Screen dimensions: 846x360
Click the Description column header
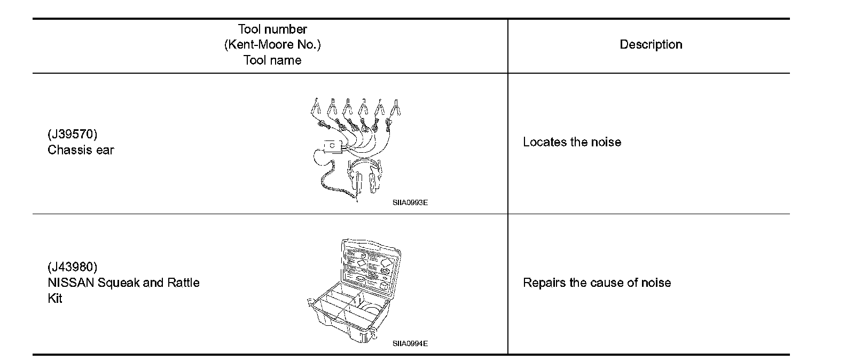pyautogui.click(x=651, y=45)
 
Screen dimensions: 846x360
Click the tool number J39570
pyautogui.click(x=73, y=134)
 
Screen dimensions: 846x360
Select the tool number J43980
pyautogui.click(x=73, y=267)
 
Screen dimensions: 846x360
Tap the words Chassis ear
pyautogui.click(x=81, y=150)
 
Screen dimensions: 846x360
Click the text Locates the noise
pyautogui.click(x=571, y=142)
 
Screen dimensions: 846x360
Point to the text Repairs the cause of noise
pyautogui.click(x=597, y=283)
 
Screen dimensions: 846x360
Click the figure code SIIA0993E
pyautogui.click(x=410, y=203)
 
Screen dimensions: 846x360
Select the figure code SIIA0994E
pyautogui.click(x=410, y=343)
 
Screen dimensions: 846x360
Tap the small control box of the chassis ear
pyautogui.click(x=332, y=145)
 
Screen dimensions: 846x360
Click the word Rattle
pyautogui.click(x=183, y=283)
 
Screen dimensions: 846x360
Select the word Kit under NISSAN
pyautogui.click(x=55, y=299)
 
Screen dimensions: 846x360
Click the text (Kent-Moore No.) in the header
pyautogui.click(x=272, y=45)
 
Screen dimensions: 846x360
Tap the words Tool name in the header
pyautogui.click(x=272, y=60)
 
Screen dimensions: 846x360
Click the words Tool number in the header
pyautogui.click(x=272, y=29)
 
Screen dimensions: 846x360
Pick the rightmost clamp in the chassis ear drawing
pyautogui.click(x=396, y=108)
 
